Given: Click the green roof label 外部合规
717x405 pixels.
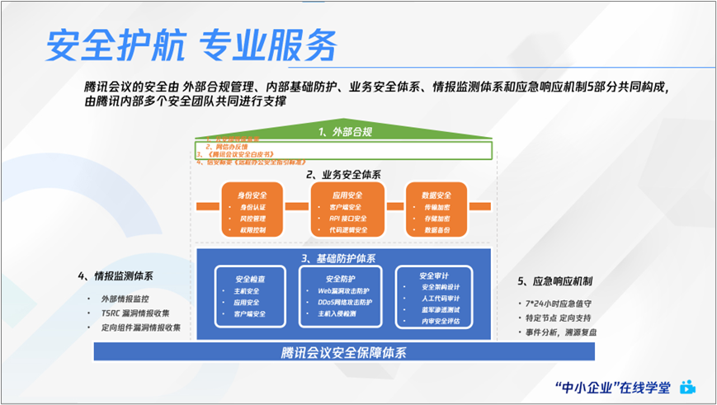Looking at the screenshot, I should pyautogui.click(x=347, y=131).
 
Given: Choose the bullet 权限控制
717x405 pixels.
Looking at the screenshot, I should pyautogui.click(x=252, y=231).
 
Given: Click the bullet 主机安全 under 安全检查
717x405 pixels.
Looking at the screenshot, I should pyautogui.click(x=248, y=291).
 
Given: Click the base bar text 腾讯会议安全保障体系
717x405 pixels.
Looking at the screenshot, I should pyautogui.click(x=343, y=352).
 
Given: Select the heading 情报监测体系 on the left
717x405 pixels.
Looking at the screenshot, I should pyautogui.click(x=120, y=275).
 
